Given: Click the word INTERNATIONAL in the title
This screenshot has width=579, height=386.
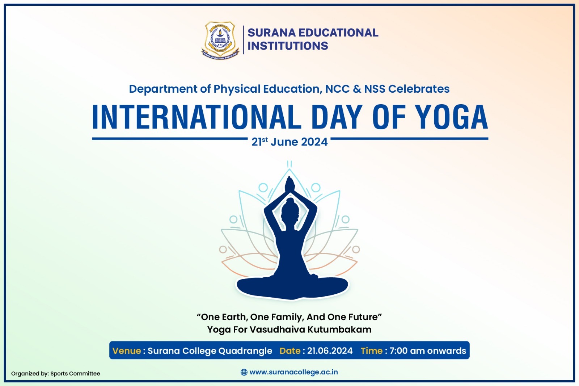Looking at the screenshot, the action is click(196, 117).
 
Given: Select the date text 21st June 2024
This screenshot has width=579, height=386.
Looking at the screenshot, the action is click(289, 142).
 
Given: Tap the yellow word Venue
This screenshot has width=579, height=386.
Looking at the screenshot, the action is click(127, 351).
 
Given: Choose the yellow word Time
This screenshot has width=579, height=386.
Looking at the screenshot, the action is click(371, 351).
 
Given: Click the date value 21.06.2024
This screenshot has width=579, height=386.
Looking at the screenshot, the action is click(330, 351).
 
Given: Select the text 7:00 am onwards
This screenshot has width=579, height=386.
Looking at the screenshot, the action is click(428, 351).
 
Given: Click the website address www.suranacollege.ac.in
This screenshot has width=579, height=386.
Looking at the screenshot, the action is click(293, 372).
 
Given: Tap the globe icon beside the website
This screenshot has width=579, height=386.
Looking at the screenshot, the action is click(244, 372).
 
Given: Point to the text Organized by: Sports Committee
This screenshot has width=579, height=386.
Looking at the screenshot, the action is click(56, 374).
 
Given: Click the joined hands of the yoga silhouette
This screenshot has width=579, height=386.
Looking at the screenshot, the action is click(290, 184).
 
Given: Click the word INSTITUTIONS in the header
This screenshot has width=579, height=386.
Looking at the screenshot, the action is click(288, 46).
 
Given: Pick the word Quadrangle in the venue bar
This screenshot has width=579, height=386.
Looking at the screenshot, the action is click(245, 351).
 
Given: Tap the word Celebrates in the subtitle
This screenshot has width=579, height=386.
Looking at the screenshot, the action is click(419, 89).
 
